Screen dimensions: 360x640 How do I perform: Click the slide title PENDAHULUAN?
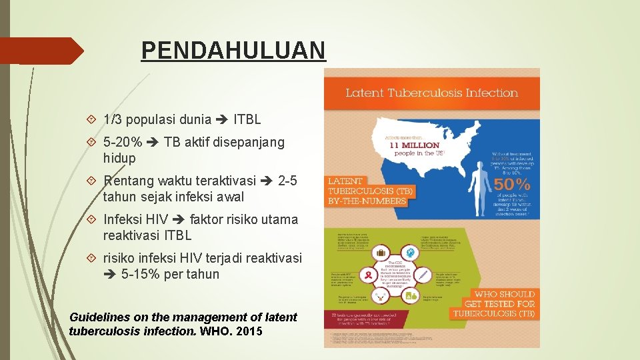click(x=233, y=50)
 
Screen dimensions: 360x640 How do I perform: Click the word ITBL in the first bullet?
click(x=247, y=120)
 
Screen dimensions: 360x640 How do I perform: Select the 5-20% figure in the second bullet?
click(x=123, y=142)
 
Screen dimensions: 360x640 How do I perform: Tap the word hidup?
click(x=119, y=158)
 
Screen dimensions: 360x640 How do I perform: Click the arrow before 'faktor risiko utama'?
click(x=179, y=219)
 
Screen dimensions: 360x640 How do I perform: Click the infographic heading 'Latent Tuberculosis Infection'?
click(x=431, y=93)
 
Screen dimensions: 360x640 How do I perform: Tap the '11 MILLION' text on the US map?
click(x=414, y=145)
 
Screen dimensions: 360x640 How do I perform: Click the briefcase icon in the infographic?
click(x=382, y=253)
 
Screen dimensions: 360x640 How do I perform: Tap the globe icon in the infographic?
click(x=411, y=251)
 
